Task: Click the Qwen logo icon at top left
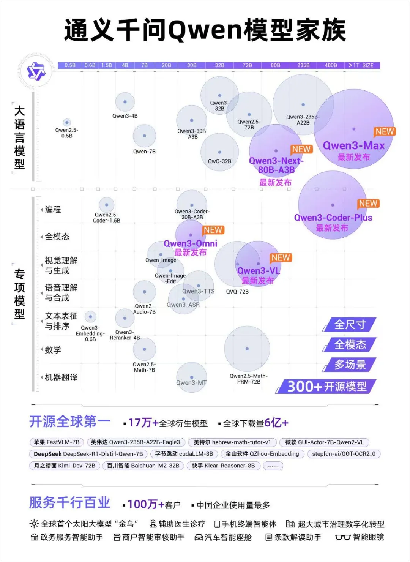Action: (36, 71)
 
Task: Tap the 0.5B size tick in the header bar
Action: (70, 65)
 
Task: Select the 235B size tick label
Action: (303, 65)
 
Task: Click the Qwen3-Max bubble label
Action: (353, 146)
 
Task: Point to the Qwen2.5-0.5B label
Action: (67, 133)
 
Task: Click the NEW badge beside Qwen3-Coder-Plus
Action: (368, 204)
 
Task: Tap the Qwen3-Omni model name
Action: (190, 243)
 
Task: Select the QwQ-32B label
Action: (219, 161)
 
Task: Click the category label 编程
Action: (53, 210)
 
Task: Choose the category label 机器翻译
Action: (61, 377)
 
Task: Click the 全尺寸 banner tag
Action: (350, 325)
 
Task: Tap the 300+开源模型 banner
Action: (327, 387)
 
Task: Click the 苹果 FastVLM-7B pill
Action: (57, 442)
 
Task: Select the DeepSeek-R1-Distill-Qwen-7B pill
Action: (88, 454)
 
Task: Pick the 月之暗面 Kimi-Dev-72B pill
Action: (65, 466)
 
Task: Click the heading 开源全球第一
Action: (70, 421)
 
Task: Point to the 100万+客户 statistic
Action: (153, 505)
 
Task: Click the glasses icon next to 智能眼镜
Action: (342, 537)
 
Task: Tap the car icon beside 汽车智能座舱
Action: (199, 537)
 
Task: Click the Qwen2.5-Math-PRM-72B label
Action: (248, 379)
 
